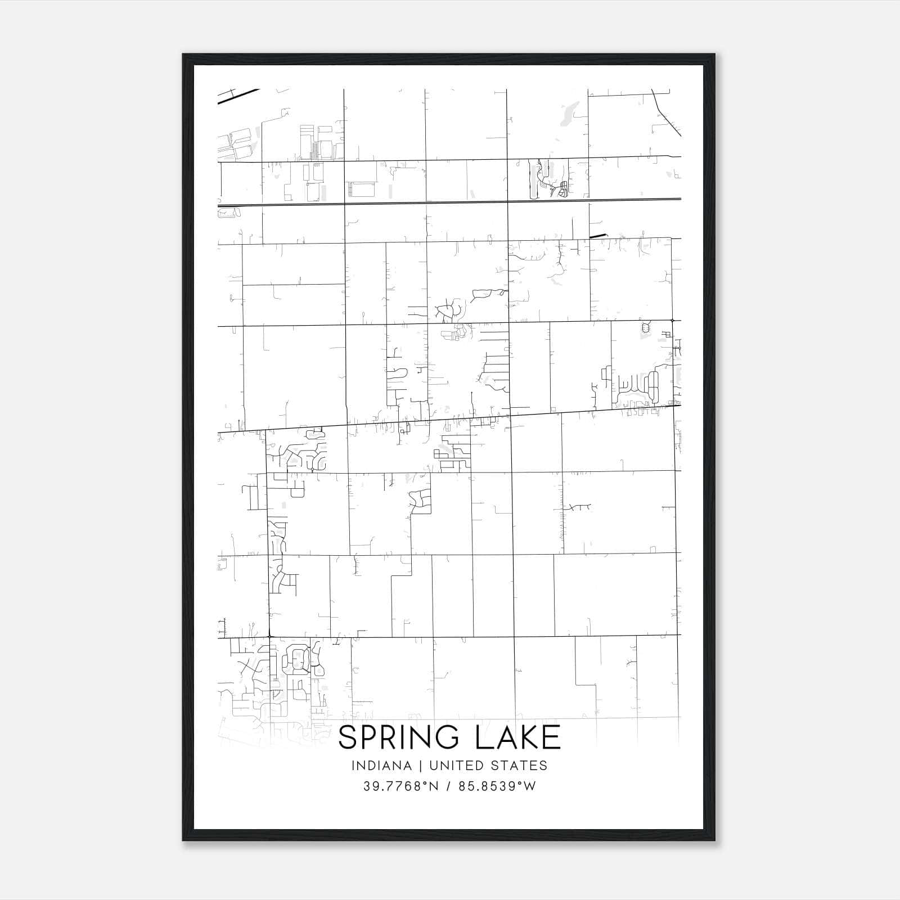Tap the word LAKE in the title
518,737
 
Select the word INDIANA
381,766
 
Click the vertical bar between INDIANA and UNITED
420,766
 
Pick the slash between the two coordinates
448,786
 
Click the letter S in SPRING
348,737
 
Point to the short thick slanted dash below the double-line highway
598,236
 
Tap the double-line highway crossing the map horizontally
450,202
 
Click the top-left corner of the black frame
184,55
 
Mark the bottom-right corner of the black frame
714,840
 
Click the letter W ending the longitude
530,786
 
